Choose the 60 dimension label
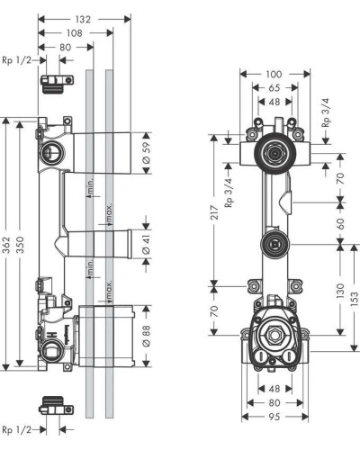pyautogui.click(x=339, y=221)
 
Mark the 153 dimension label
pyautogui.click(x=355, y=297)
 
